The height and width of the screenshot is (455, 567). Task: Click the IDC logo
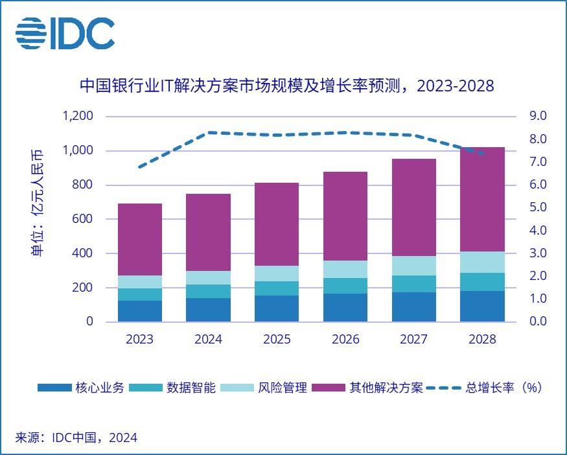click(65, 34)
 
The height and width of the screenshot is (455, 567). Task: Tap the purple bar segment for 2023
click(140, 239)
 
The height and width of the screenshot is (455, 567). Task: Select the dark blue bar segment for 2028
click(482, 306)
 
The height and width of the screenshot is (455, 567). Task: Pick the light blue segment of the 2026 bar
click(345, 269)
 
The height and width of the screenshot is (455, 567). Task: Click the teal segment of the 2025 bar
click(277, 288)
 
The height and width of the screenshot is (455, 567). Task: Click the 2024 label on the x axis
click(209, 340)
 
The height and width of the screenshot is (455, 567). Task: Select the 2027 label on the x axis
click(413, 340)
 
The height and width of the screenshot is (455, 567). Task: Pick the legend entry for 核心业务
click(80, 388)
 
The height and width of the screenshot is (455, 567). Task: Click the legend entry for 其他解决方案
click(367, 388)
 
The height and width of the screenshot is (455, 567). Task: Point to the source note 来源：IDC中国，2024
click(76, 437)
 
